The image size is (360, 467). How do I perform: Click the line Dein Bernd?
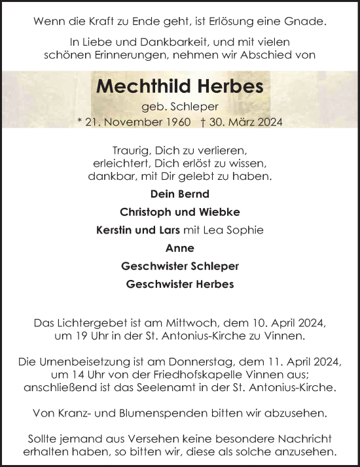point(180,194)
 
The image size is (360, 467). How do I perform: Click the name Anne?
point(180,248)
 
